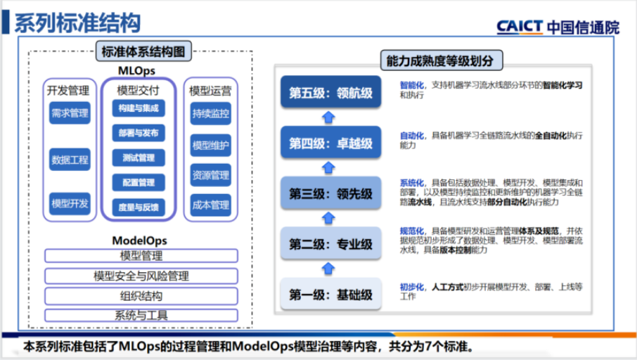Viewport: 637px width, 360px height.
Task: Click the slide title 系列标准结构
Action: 77,22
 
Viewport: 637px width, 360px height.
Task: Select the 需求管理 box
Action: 70,112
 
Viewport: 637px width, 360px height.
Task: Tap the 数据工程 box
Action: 70,160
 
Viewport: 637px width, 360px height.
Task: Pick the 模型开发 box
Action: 70,204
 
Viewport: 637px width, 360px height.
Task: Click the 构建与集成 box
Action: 139,109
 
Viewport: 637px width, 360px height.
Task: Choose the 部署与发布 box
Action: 139,133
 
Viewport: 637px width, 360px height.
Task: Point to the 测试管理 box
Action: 139,157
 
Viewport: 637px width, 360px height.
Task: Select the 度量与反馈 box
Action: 139,207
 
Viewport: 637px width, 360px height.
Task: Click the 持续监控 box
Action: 210,112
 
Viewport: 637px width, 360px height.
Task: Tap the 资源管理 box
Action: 210,175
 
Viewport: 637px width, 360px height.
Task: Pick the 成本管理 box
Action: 210,205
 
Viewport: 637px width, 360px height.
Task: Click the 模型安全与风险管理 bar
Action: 141,276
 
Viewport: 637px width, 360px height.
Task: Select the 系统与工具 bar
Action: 141,315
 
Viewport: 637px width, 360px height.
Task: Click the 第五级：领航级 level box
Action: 330,92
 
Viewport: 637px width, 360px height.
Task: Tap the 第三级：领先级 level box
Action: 330,193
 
